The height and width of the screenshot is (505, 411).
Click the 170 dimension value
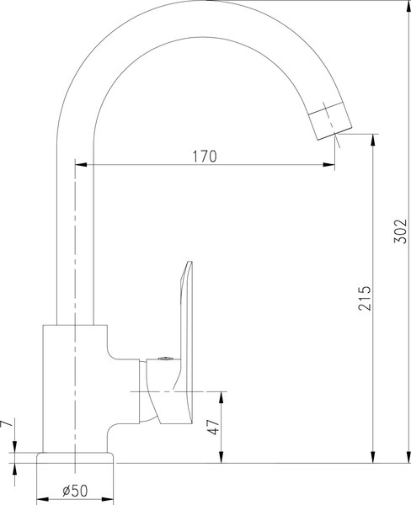[205, 156]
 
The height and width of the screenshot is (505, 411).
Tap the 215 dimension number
[364, 300]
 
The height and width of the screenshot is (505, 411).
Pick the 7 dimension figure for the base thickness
[8, 427]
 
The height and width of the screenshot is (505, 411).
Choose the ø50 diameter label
[77, 491]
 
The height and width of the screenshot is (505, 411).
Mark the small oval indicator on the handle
[163, 361]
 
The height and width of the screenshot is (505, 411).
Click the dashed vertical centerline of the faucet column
[75, 252]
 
